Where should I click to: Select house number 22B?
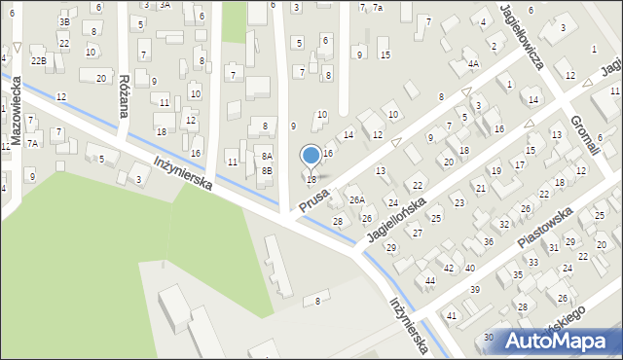point(38,60)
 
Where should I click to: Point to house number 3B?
point(64,21)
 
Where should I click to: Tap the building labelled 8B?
point(267,170)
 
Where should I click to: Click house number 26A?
point(357,200)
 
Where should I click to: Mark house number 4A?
point(473,64)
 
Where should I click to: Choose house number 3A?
point(165,5)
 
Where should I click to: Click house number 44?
point(429,280)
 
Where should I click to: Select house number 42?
point(449,268)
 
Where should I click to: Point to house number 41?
point(451,316)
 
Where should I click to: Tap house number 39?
point(475,290)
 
